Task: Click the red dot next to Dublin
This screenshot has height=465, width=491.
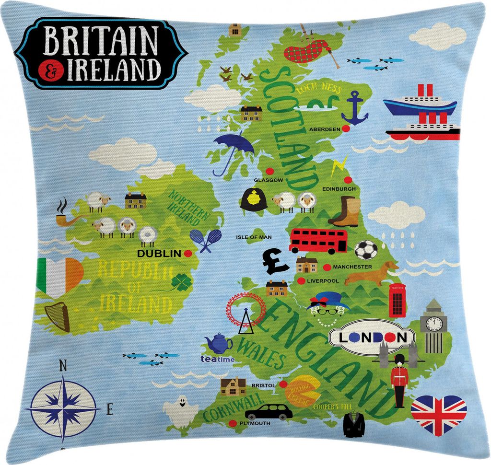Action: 188,253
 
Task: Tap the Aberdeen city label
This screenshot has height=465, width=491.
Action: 325,129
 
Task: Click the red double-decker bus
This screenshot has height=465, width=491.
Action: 318,241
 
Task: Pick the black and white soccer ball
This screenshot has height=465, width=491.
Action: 366,250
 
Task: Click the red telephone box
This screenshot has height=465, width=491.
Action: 397,300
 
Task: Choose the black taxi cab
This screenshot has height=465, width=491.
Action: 269,411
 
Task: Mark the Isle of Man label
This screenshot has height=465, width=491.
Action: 254,237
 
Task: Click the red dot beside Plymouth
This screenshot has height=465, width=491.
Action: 233,423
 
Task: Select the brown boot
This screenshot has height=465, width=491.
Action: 345,211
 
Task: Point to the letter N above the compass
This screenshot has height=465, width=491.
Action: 62,366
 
